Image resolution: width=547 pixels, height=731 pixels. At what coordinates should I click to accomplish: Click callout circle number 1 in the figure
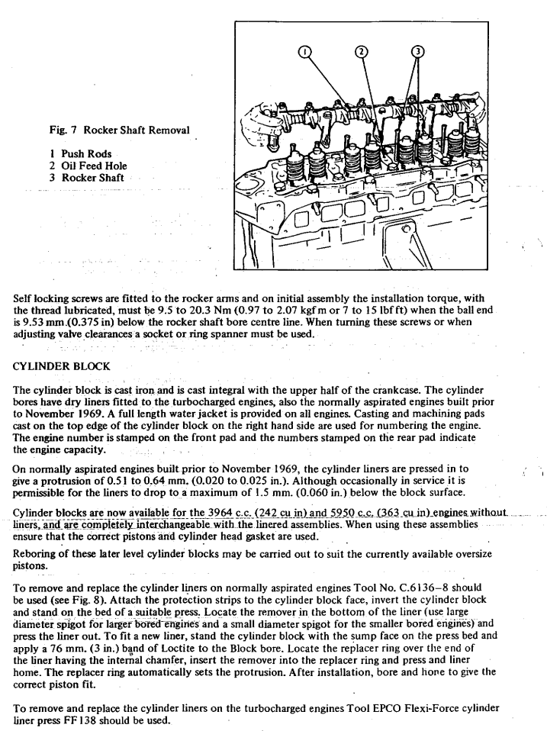point(304,52)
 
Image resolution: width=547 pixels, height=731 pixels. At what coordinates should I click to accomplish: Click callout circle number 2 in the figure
point(361,52)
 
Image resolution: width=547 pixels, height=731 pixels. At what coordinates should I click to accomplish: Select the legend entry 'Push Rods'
point(85,153)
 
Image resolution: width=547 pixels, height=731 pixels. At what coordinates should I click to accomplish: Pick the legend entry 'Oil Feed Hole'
point(94,166)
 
